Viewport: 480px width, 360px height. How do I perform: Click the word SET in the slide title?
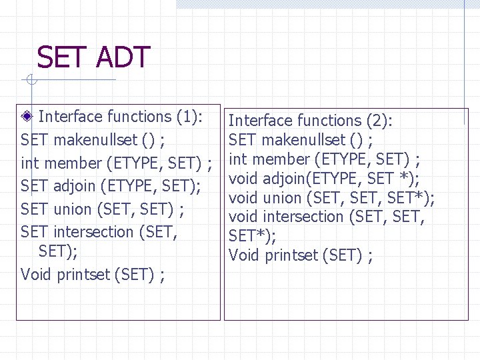point(63,58)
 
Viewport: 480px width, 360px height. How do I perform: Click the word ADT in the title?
point(123,58)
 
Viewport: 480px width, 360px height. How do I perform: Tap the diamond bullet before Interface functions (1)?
point(27,117)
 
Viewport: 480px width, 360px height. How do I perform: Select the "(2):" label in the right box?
point(380,121)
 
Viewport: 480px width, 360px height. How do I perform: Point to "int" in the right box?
point(238,159)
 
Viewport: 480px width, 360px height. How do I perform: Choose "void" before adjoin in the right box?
point(243,179)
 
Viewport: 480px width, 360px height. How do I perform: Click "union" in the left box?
point(72,209)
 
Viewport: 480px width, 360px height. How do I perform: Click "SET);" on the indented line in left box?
point(58,251)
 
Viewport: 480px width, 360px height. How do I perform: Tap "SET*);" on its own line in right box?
point(252,236)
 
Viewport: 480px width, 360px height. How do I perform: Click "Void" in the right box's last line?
point(243,255)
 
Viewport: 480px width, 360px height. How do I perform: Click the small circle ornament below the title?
point(30,81)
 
